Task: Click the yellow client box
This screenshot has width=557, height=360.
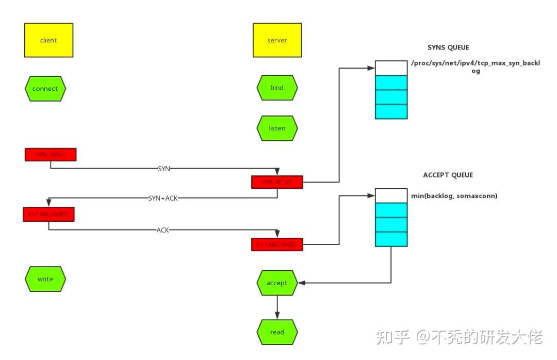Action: click(x=48, y=40)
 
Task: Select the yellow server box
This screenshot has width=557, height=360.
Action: click(x=277, y=40)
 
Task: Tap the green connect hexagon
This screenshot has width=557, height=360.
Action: click(x=45, y=88)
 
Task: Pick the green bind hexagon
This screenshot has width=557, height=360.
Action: click(x=277, y=88)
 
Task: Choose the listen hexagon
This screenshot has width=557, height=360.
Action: click(x=277, y=128)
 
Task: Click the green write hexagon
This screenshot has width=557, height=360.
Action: click(x=45, y=279)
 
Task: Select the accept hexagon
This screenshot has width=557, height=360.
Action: click(x=277, y=283)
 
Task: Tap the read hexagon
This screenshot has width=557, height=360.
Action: click(x=277, y=332)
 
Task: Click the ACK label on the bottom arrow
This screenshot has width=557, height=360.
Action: click(x=162, y=230)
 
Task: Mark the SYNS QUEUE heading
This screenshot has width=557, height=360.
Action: click(x=448, y=47)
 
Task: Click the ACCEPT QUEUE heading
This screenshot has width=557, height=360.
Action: click(x=448, y=175)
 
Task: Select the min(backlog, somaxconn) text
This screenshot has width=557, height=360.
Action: click(x=454, y=196)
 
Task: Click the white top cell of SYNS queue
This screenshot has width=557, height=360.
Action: click(x=391, y=68)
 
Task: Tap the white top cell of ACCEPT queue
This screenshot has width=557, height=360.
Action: click(x=391, y=195)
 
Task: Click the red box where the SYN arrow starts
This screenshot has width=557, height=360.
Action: click(x=51, y=155)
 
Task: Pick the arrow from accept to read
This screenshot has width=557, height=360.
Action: click(x=277, y=307)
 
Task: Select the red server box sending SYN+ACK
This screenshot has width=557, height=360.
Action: click(x=277, y=182)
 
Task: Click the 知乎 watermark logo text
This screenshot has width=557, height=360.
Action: click(x=392, y=337)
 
